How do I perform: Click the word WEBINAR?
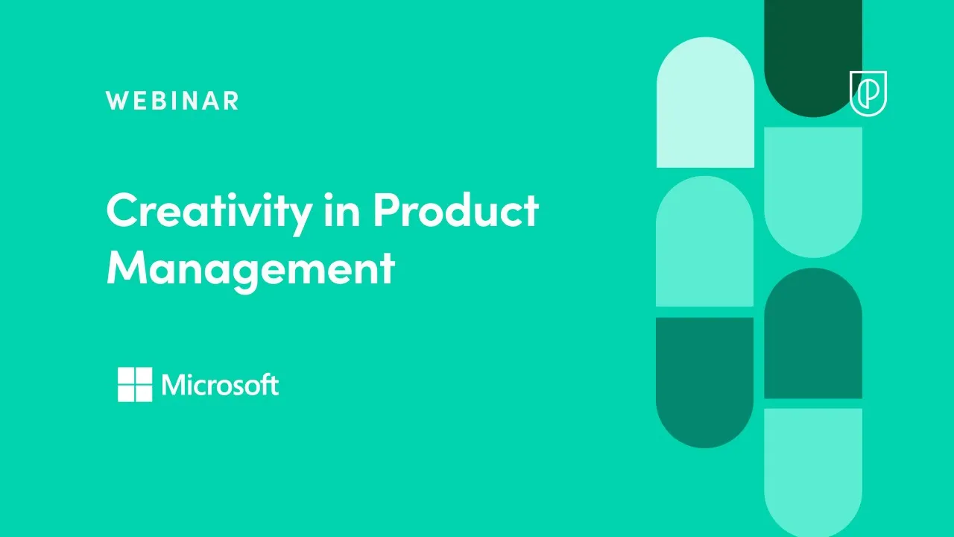tap(172, 101)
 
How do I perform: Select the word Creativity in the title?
tap(209, 211)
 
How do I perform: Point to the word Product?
tap(455, 211)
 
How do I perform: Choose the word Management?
tap(250, 268)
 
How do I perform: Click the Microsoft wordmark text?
tap(220, 385)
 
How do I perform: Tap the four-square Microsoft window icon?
tap(135, 384)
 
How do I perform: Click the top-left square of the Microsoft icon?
tap(126, 375)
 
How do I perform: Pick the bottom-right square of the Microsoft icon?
tap(144, 393)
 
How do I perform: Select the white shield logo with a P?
tap(868, 93)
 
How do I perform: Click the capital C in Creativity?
tap(121, 211)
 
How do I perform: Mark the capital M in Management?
tap(124, 268)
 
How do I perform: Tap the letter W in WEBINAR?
tap(116, 101)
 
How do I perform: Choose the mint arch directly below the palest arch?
tap(704, 242)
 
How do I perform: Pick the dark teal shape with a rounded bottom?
tap(704, 380)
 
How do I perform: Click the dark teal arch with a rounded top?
tap(812, 336)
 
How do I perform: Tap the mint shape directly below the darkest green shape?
tap(812, 190)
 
